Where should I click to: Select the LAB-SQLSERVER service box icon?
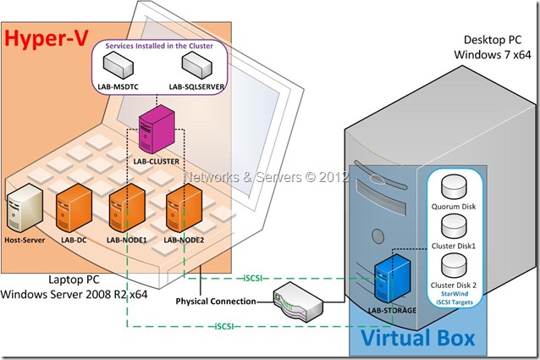(x=196, y=63)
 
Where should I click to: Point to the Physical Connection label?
(x=218, y=302)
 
